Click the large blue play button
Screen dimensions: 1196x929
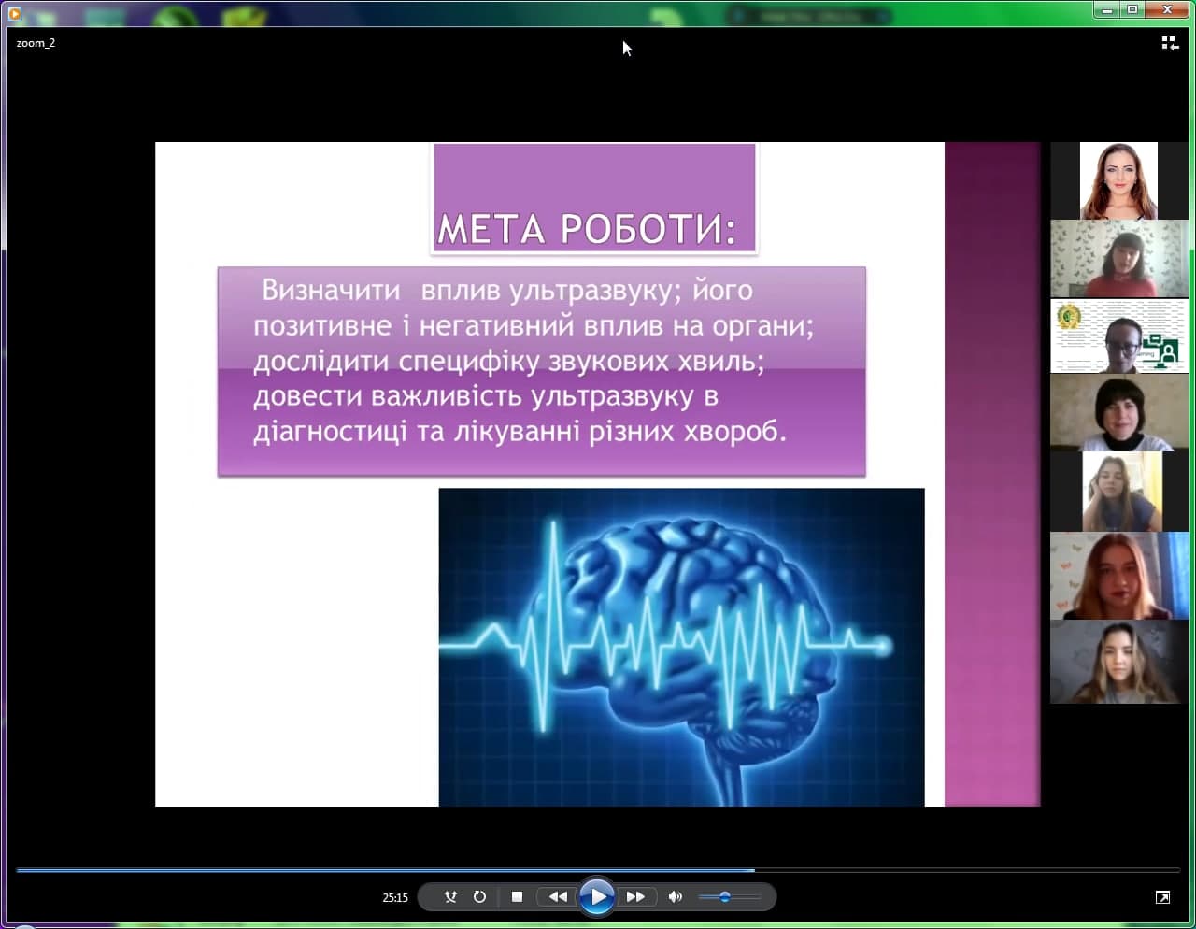597,896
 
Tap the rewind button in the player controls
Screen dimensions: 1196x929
558,897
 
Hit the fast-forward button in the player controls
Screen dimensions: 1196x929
635,897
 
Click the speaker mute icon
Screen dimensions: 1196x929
675,897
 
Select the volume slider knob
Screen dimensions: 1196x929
725,897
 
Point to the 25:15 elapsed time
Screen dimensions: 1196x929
395,897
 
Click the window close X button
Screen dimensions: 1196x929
1167,9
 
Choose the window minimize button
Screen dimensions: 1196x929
1107,9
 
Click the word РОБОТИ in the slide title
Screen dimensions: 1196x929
648,229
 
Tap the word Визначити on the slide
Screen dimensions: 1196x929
331,290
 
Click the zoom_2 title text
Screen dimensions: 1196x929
36,43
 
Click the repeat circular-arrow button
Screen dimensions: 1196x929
479,897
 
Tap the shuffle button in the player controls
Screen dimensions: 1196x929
450,897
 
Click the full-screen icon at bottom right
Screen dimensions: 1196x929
1162,897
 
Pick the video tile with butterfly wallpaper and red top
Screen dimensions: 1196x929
1119,259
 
